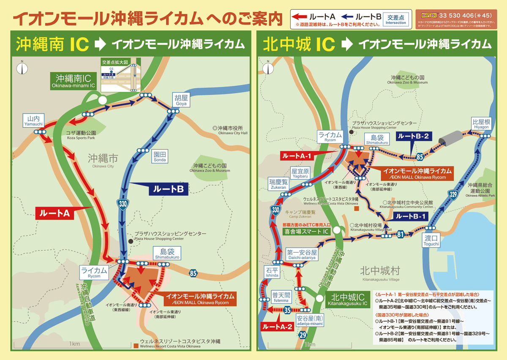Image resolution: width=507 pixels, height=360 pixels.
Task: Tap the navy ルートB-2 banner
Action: [413, 136]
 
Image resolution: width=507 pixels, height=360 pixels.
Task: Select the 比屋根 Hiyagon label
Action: [481, 124]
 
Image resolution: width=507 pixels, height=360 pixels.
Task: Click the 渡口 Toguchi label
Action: [432, 241]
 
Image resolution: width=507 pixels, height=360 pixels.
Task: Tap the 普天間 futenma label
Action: [280, 297]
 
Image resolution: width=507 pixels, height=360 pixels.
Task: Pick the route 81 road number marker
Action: [400, 235]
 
